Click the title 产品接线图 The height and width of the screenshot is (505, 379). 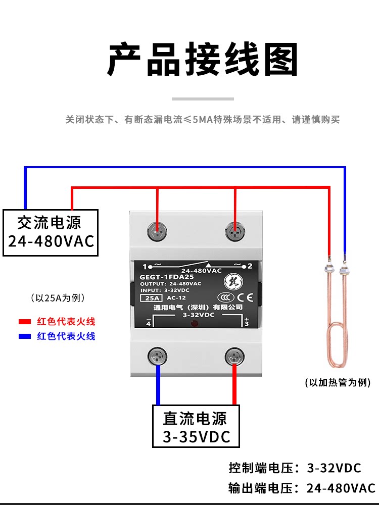click(202, 60)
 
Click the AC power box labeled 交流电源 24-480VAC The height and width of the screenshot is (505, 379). click(50, 232)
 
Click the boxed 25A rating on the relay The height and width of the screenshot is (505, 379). click(150, 298)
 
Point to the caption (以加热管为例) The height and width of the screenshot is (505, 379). click(338, 383)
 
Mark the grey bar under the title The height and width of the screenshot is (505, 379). click(203, 99)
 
